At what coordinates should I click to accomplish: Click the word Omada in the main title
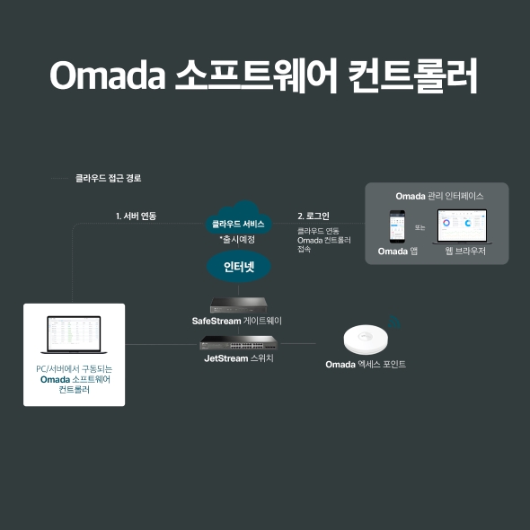click(x=107, y=76)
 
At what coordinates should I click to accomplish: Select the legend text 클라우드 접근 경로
click(x=108, y=179)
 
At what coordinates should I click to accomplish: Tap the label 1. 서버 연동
click(x=136, y=216)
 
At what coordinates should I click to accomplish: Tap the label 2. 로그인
click(x=314, y=216)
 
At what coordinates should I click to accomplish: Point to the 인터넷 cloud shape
click(x=238, y=267)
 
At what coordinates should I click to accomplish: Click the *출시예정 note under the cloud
click(x=238, y=239)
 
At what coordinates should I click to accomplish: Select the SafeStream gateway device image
click(x=238, y=304)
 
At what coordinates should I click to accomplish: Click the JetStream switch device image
click(x=238, y=343)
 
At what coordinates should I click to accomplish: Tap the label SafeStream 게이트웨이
click(x=238, y=321)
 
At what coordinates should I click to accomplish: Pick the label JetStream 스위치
click(x=238, y=358)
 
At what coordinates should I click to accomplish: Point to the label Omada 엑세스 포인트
click(x=366, y=364)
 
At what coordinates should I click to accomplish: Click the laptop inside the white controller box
click(x=74, y=333)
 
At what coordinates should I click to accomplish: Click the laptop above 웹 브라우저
click(x=461, y=227)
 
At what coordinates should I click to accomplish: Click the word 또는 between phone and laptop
click(x=420, y=227)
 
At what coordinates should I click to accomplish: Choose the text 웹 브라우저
click(x=465, y=252)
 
